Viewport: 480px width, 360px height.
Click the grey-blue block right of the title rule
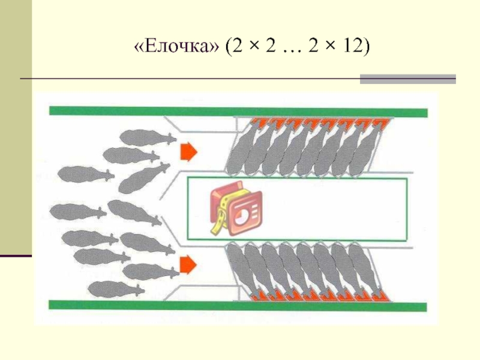tap(407, 79)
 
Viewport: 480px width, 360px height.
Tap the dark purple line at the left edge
tap(16, 256)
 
